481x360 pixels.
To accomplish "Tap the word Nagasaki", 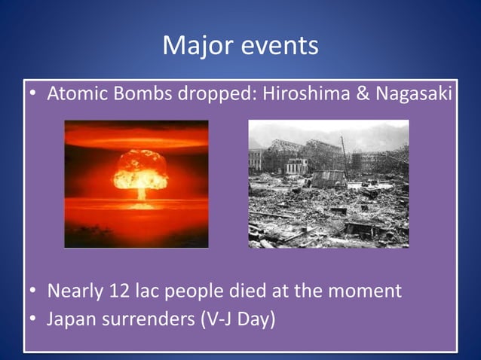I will (x=414, y=96).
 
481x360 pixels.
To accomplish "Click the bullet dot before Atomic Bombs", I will (x=33, y=96).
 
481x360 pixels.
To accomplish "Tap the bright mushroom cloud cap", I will (x=139, y=169).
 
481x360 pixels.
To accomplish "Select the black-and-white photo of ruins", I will (x=328, y=184).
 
